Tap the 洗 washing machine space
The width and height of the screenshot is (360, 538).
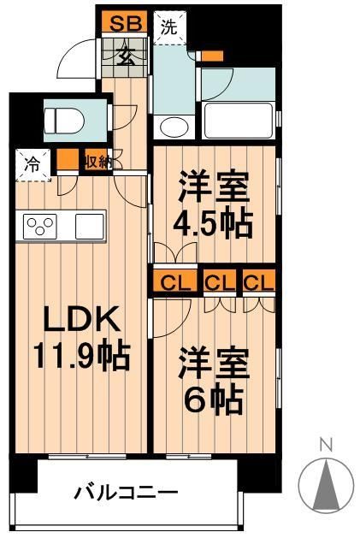point(171,27)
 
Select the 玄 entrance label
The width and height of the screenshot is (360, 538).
point(126,56)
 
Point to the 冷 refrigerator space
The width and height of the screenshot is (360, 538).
point(32,163)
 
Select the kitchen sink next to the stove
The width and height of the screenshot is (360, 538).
point(90,227)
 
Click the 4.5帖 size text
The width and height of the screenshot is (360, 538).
point(215,222)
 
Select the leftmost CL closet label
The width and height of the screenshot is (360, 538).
point(174,281)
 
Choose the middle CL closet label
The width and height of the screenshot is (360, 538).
point(221,281)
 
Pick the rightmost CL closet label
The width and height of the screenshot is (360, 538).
point(257,281)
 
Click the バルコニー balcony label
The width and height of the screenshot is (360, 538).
point(126,494)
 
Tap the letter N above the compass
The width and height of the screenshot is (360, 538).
point(325,444)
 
